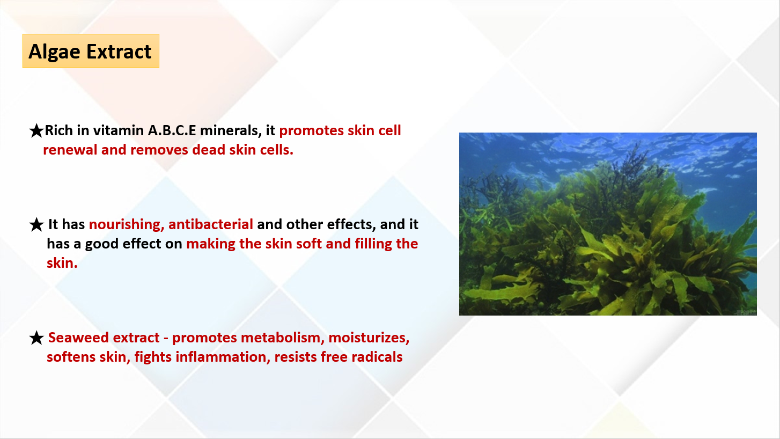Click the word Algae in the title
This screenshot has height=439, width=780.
coord(54,52)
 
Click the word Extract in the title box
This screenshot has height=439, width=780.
coord(119,52)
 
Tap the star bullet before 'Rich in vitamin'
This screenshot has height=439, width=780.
coord(36,131)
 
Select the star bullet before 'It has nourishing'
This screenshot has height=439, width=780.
coord(36,225)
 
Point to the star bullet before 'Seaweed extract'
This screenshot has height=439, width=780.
coord(36,338)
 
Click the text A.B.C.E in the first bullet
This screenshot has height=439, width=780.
coord(172,130)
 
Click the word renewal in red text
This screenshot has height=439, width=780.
coord(70,150)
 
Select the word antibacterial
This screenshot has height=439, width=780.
coord(211,224)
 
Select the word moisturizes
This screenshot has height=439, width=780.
coord(369,338)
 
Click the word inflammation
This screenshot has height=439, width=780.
coord(223,357)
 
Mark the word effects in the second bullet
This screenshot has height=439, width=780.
coord(351,225)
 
